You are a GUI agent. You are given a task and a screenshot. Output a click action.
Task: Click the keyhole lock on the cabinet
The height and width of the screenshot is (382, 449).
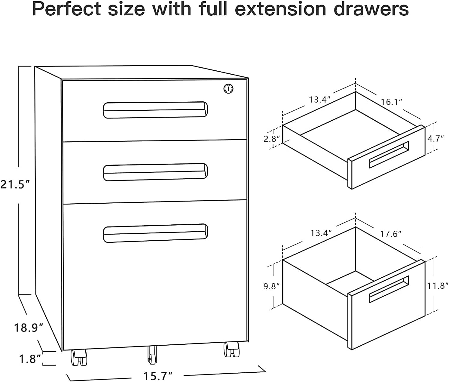(x=228, y=89)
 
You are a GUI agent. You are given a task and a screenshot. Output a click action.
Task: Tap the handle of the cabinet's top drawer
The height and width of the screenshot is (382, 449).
(x=155, y=110)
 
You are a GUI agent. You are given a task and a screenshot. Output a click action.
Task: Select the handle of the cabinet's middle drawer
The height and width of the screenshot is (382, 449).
(x=155, y=172)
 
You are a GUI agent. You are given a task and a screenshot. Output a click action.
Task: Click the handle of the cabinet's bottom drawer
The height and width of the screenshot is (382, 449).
(x=155, y=233)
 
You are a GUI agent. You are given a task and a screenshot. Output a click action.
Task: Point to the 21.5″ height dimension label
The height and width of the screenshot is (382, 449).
(x=15, y=185)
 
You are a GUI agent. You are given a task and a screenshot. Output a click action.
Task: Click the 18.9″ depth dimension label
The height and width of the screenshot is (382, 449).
(x=29, y=328)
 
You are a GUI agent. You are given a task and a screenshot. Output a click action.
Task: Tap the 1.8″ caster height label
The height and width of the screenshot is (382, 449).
(x=30, y=359)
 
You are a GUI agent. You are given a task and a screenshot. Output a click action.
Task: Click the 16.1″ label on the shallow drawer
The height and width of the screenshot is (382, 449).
(x=391, y=102)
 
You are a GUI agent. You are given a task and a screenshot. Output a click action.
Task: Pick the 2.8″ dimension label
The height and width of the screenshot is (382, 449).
(x=272, y=139)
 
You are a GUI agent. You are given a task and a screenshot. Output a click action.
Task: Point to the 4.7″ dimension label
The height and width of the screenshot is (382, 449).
(x=435, y=138)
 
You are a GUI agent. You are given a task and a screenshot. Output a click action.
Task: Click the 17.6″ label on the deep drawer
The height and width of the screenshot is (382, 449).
(x=390, y=234)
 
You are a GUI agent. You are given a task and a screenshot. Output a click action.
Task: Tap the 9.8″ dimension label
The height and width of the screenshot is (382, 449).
(x=271, y=286)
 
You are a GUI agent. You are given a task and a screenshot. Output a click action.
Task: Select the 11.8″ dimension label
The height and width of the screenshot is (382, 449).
(x=438, y=286)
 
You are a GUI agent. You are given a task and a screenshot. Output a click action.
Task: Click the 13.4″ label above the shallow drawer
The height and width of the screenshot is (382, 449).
(x=319, y=100)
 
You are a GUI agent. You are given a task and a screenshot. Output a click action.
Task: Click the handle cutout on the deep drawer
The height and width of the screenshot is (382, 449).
(x=389, y=289)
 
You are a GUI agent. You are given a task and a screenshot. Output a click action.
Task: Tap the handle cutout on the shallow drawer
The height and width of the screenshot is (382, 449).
(x=389, y=155)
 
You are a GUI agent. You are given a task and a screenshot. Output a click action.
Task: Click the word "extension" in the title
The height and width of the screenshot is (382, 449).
(x=280, y=9)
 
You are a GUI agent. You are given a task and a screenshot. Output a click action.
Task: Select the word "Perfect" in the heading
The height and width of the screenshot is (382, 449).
(x=67, y=9)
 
